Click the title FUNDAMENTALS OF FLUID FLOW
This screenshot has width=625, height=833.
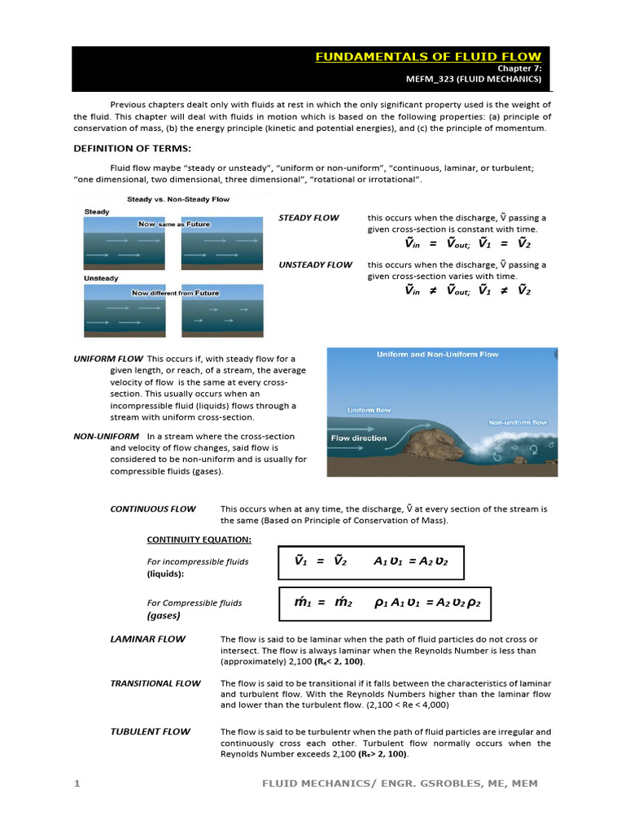(427, 56)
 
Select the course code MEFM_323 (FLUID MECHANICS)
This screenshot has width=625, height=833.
(474, 80)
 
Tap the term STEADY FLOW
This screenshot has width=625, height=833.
(308, 218)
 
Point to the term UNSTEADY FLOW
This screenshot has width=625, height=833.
(315, 264)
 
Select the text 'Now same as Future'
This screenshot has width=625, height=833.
(173, 224)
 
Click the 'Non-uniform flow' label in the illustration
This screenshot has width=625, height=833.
(517, 423)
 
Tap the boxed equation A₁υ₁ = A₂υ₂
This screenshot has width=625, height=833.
(411, 561)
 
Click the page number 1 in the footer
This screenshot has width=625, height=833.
(76, 783)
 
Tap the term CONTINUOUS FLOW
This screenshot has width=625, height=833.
(153, 509)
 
